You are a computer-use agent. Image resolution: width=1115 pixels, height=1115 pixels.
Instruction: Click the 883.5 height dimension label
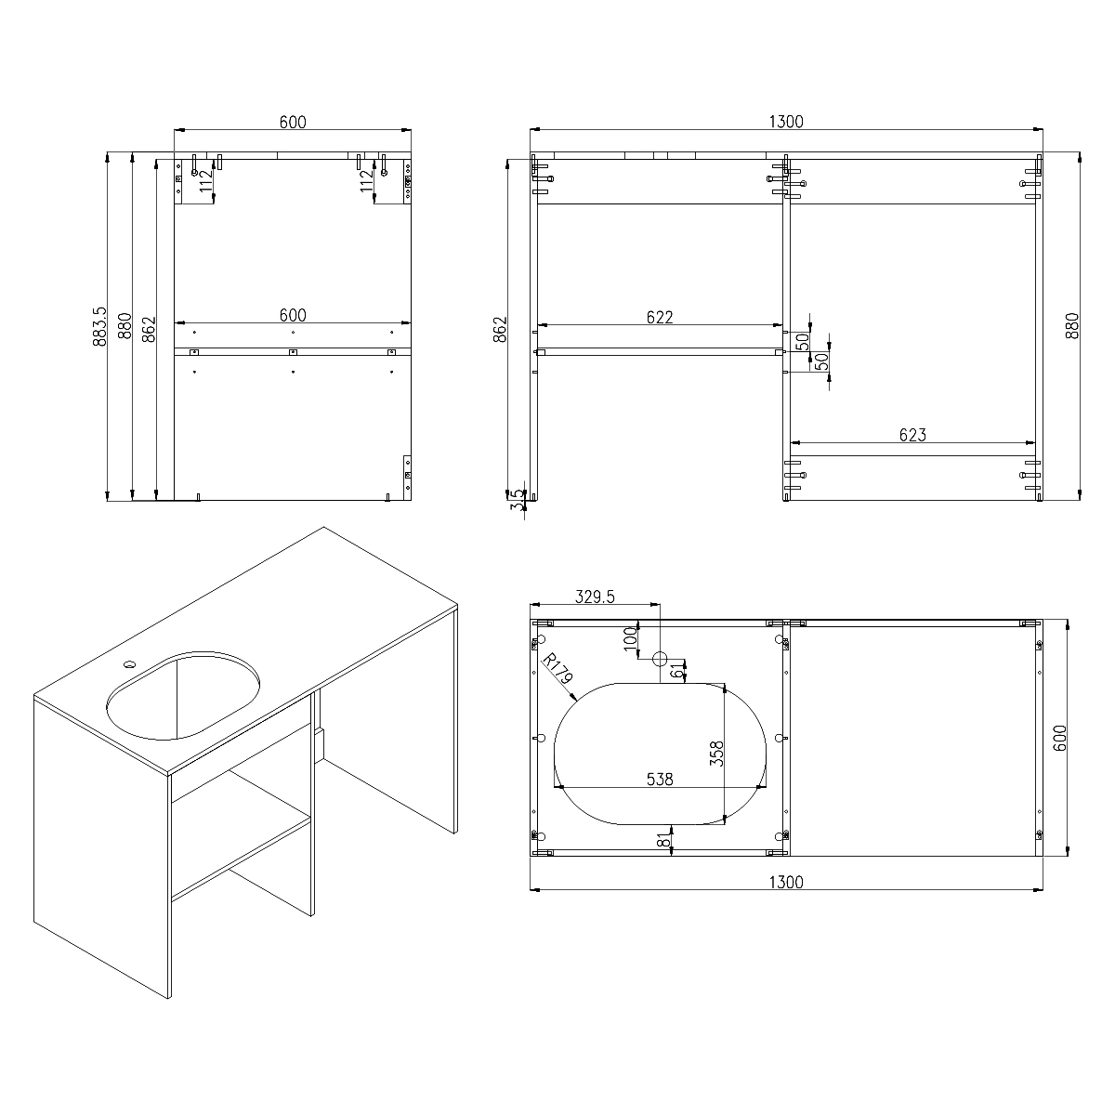100,327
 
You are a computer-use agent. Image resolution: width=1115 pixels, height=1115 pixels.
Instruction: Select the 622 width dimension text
660,317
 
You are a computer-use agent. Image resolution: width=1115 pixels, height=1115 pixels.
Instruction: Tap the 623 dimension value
912,435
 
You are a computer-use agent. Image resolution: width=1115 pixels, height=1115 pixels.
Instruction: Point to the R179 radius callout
557,669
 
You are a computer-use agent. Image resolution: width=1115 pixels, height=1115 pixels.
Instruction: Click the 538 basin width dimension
660,780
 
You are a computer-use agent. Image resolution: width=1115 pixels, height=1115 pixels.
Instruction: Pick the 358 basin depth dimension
716,754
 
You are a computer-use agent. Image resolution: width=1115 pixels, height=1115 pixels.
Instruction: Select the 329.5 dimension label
595,597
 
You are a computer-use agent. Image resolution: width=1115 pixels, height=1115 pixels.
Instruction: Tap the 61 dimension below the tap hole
676,671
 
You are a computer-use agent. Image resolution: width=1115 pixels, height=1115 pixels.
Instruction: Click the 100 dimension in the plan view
630,638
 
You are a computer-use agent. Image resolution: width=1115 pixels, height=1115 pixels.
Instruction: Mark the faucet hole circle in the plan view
660,659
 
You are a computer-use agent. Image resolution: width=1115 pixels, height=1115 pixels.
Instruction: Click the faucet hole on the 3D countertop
129,663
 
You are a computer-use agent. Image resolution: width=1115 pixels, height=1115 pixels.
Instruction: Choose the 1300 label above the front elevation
786,122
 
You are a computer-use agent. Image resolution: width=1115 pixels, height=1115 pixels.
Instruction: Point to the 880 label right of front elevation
1072,326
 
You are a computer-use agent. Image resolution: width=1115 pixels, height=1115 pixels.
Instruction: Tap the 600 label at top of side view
293,122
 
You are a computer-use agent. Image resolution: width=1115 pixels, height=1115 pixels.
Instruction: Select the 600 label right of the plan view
1059,739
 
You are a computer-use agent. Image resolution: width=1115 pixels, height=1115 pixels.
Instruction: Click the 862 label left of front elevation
500,329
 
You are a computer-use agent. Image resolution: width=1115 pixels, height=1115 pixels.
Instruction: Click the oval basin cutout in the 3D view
183,695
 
